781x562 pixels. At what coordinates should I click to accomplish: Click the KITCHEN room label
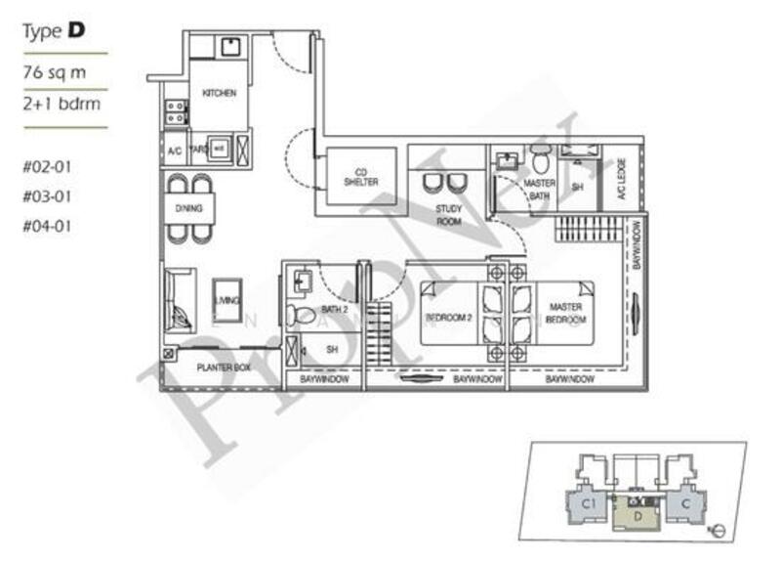tap(219, 93)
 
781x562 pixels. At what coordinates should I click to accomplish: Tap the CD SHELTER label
tap(360, 177)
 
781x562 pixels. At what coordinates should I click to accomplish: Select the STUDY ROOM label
tap(448, 214)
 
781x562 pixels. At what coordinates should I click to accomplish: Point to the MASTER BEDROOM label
tap(566, 314)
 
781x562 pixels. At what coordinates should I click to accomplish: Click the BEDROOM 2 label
tap(449, 319)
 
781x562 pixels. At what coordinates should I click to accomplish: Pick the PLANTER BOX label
tap(224, 368)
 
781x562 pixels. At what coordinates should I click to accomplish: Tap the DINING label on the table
tap(189, 208)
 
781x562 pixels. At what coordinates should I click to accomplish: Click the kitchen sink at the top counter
tap(231, 47)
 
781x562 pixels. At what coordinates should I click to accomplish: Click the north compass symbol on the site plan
tap(718, 531)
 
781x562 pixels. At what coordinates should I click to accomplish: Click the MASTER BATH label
tap(540, 190)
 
